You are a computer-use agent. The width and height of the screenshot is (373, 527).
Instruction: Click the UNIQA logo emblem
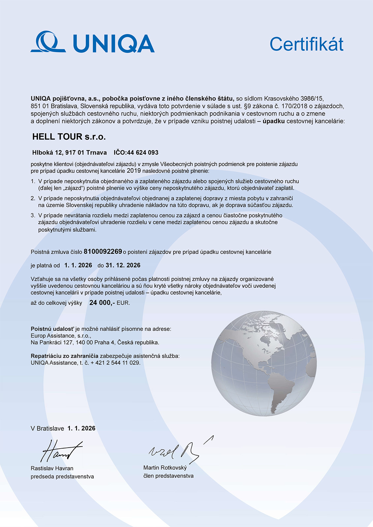(x=48, y=42)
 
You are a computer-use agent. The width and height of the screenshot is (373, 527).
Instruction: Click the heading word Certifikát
(x=306, y=44)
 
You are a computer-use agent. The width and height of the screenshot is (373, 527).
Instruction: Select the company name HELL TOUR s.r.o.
(x=69, y=137)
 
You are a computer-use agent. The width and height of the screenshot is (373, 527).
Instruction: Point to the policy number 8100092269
(x=103, y=252)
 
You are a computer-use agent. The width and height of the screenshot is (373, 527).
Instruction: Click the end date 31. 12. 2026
(x=123, y=265)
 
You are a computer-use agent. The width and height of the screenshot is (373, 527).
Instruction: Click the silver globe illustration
(x=264, y=363)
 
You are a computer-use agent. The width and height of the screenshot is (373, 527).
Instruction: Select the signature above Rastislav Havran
(x=61, y=451)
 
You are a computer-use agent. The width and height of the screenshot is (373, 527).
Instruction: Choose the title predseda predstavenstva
(x=62, y=477)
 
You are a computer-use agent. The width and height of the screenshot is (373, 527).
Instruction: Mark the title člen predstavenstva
(x=168, y=476)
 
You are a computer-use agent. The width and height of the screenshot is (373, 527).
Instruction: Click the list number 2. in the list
(x=33, y=198)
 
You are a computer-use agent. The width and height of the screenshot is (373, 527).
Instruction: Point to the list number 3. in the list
(x=33, y=215)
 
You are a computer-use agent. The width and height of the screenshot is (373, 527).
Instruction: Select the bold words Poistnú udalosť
(x=52, y=329)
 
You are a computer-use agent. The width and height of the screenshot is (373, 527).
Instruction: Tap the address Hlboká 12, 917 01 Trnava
(x=70, y=153)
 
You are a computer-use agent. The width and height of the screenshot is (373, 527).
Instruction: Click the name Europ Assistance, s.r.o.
(x=61, y=336)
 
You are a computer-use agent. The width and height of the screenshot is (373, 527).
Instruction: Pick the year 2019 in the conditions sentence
(x=134, y=171)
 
